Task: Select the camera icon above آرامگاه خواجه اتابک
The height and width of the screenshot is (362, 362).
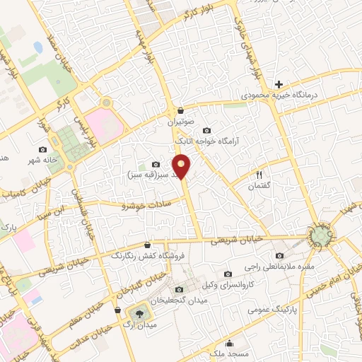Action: point(206,131)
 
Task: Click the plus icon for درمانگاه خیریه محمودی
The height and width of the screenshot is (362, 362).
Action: point(279,84)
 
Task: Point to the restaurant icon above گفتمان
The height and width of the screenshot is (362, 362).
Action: point(259,175)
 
